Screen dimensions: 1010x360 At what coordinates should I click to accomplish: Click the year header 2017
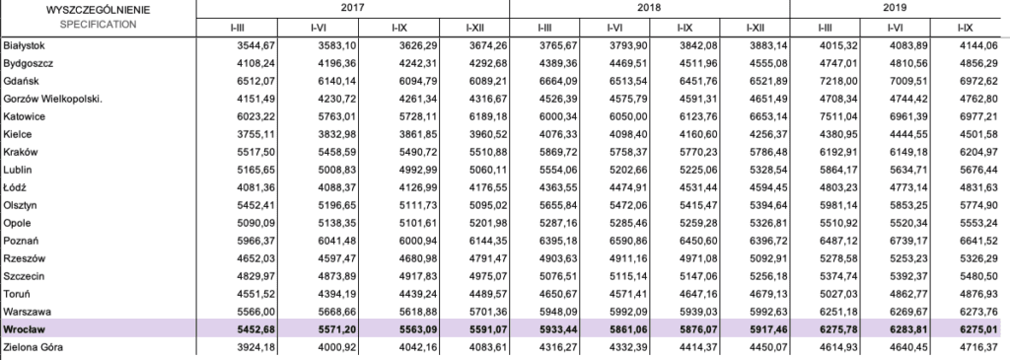pyautogui.click(x=352, y=8)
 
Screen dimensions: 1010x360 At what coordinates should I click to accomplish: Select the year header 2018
pyautogui.click(x=649, y=8)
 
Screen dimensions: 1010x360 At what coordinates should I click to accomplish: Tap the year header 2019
pyautogui.click(x=896, y=8)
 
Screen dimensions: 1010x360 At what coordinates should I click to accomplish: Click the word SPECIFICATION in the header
pyautogui.click(x=98, y=25)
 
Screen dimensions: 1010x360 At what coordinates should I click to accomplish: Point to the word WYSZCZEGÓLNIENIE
pyautogui.click(x=98, y=10)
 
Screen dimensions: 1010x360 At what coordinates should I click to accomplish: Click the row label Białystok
pyautogui.click(x=24, y=45)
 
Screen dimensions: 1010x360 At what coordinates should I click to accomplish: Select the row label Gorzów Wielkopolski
pyautogui.click(x=53, y=100)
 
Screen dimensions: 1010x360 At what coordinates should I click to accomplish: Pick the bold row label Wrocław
pyautogui.click(x=23, y=329)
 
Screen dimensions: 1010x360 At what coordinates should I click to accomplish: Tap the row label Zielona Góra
pyautogui.click(x=33, y=348)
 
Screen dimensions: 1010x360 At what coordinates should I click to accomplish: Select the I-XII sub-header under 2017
pyautogui.click(x=474, y=28)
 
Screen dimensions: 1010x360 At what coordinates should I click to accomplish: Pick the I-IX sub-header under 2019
pyautogui.click(x=965, y=28)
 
